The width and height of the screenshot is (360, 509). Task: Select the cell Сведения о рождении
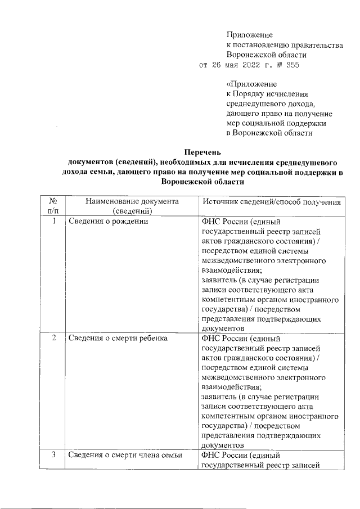[108, 222]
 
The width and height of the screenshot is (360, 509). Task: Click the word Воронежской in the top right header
[250, 55]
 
